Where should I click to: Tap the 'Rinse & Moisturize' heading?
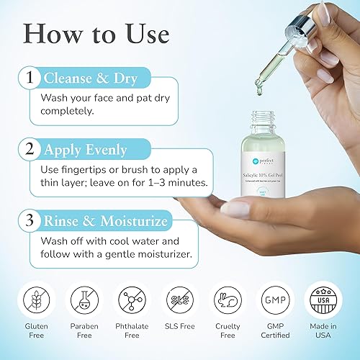click(x=106, y=221)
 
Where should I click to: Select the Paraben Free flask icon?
click(x=84, y=299)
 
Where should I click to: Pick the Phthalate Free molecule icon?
click(x=132, y=299)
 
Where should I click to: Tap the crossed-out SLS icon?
click(x=180, y=299)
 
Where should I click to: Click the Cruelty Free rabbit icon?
click(x=228, y=299)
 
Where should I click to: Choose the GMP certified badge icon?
click(x=276, y=299)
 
